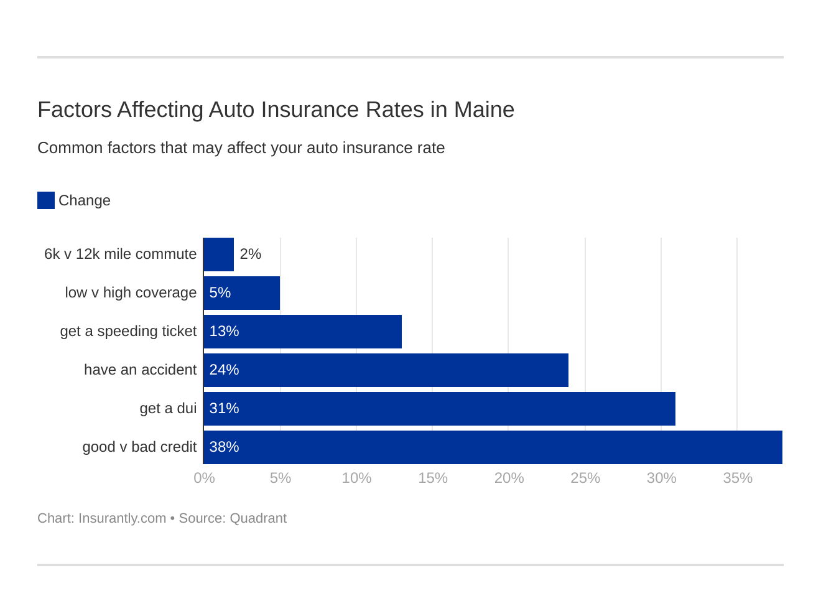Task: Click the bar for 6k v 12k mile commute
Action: (218, 254)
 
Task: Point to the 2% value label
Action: (250, 254)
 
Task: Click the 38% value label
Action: (224, 447)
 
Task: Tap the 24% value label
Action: (224, 370)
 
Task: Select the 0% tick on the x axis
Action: (204, 478)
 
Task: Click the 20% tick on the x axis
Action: (509, 478)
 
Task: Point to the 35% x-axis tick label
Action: (738, 478)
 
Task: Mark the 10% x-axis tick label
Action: (356, 478)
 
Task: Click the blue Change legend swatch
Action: (46, 200)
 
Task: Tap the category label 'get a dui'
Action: (168, 408)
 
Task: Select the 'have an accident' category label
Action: (140, 370)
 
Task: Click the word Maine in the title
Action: (484, 110)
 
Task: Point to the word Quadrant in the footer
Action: (258, 518)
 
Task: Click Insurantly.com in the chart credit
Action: (122, 518)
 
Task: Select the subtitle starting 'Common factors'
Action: (241, 148)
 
